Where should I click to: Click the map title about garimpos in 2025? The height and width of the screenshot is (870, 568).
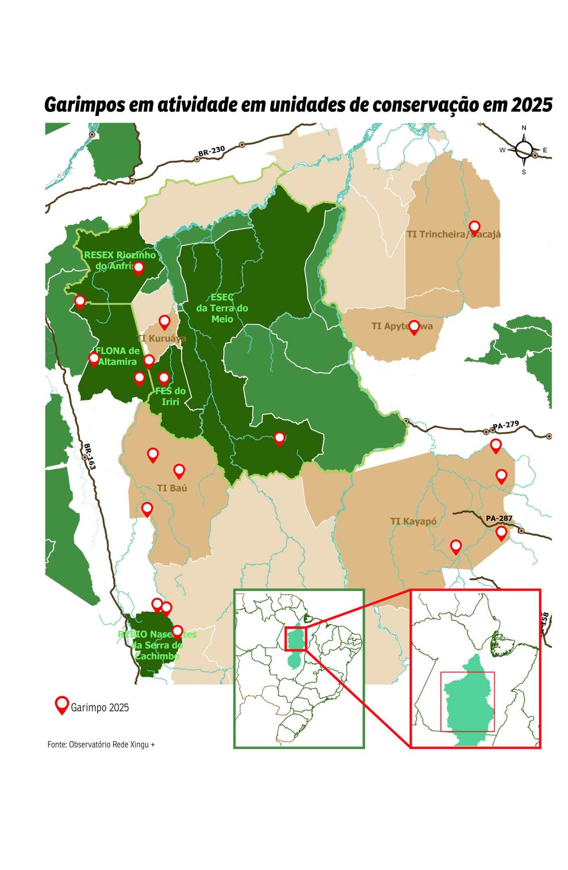[298, 105]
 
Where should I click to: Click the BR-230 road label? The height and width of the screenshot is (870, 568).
[211, 151]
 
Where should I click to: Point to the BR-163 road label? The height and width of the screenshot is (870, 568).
[89, 456]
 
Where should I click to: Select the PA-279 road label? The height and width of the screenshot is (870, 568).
[506, 425]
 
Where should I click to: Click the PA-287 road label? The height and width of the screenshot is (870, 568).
[499, 518]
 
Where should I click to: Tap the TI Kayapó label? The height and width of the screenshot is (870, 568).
[413, 522]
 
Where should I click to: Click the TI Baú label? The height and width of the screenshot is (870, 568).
[172, 488]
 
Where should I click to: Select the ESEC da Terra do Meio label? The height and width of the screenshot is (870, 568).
[222, 308]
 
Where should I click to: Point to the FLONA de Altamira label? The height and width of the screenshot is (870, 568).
[117, 356]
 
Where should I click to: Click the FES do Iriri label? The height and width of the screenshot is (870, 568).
[170, 396]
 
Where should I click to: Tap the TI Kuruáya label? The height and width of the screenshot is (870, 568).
[162, 338]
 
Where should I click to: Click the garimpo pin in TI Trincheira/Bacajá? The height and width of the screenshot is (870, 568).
[475, 227]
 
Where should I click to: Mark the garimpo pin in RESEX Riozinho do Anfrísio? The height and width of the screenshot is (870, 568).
[138, 267]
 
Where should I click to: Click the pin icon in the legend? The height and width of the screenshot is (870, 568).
[62, 704]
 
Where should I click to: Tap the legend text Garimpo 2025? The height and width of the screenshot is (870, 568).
[100, 708]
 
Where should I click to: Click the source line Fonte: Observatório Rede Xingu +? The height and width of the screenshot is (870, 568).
[101, 745]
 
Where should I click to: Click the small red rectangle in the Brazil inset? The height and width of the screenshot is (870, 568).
[296, 639]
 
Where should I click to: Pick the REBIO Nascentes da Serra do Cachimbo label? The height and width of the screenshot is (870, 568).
[157, 645]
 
